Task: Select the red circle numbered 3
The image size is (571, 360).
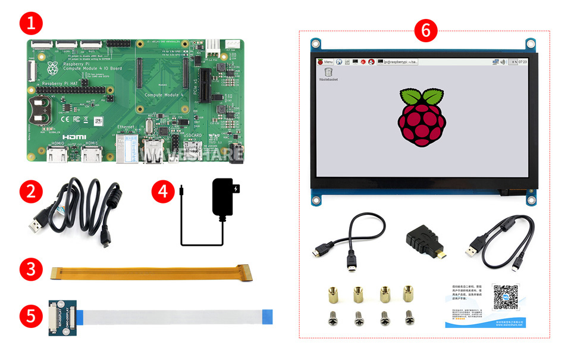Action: (x=31, y=270)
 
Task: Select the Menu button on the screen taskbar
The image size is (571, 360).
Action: (x=325, y=61)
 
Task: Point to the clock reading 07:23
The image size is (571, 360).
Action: (x=522, y=61)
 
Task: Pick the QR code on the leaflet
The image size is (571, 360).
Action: (x=506, y=297)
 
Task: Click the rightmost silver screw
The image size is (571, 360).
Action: (x=409, y=318)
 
